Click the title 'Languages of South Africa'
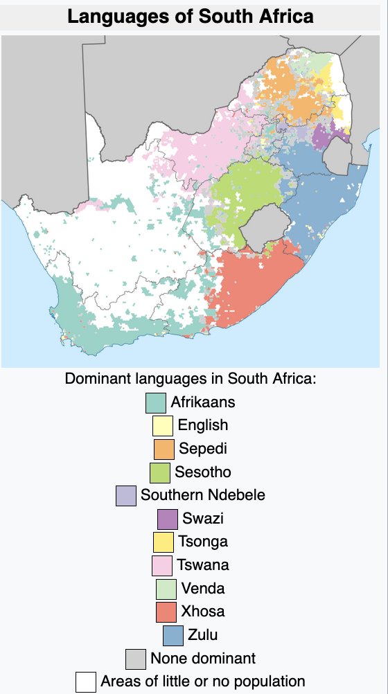coord(191,16)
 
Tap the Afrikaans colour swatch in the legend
coord(155,402)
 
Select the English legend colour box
coord(163,425)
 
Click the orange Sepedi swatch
coord(164,449)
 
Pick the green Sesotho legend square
coord(160,472)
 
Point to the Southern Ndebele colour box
coord(125,496)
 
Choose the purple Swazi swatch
coord(168,519)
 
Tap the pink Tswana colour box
coord(161,565)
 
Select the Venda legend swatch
coord(166,589)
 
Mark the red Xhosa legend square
coord(166,612)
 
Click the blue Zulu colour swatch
coord(173,635)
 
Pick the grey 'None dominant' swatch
coord(135,659)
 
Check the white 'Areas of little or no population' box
coord(85,682)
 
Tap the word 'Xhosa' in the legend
coord(202,612)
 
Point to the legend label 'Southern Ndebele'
coord(202,496)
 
